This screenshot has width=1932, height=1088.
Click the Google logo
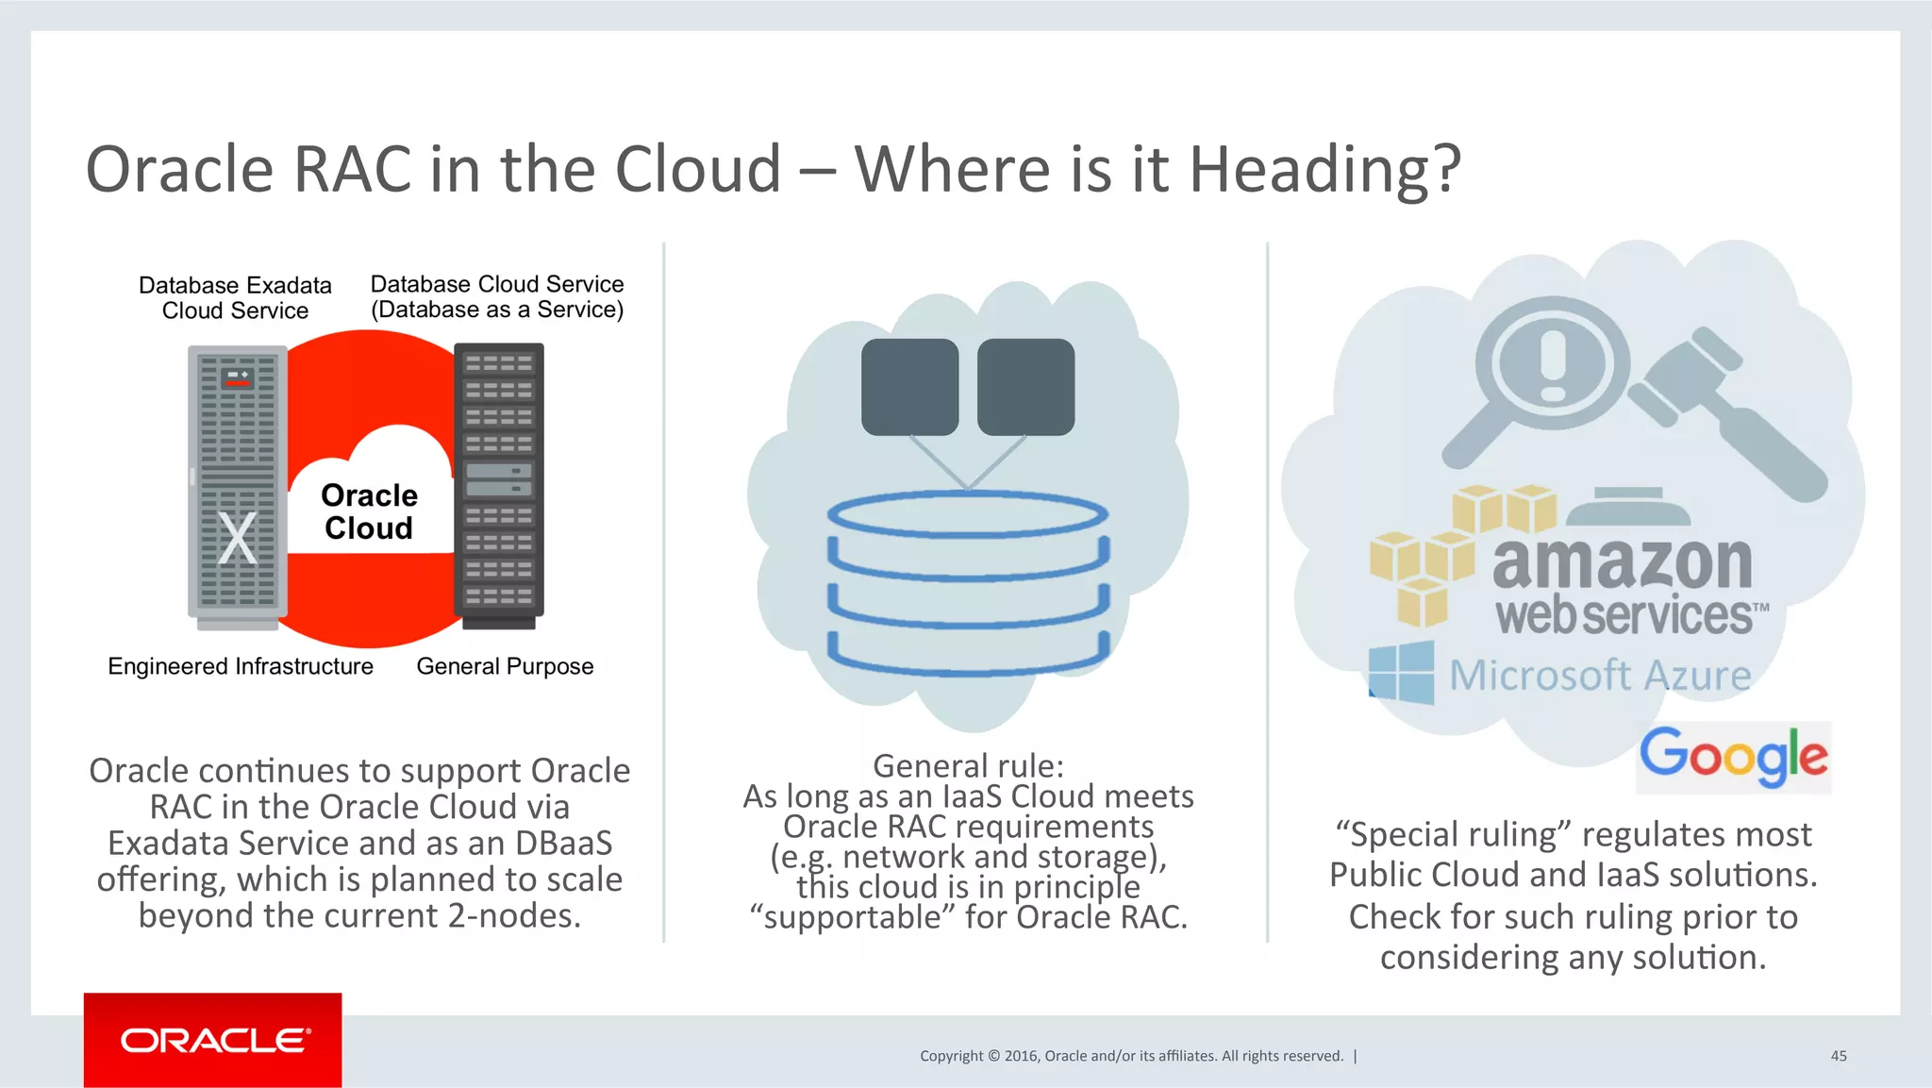[1733, 756]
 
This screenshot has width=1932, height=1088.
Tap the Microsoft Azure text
[1600, 676]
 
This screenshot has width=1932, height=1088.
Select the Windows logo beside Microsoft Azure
[1402, 672]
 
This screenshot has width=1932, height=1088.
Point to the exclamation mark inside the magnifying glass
[1553, 363]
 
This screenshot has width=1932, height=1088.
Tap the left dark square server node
[909, 387]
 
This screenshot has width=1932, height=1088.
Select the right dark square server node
[1025, 387]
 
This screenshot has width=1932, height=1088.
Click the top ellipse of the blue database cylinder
[967, 515]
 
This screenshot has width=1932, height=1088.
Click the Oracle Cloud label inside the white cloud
[369, 511]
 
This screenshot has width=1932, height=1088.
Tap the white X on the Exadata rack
[237, 539]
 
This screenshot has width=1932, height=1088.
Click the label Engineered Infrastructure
[241, 666]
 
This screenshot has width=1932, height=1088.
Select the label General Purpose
[505, 666]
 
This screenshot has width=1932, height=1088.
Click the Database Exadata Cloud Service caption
[235, 298]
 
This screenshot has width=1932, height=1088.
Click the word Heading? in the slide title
[1324, 170]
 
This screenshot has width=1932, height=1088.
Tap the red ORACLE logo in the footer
[213, 1040]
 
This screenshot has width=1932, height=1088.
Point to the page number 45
[1838, 1056]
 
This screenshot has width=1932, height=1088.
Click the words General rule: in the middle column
[968, 765]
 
